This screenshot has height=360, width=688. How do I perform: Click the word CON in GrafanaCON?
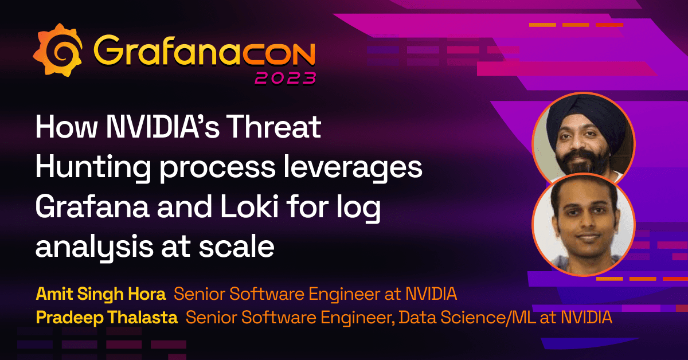point(282,51)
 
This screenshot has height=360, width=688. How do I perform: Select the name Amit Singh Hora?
point(101,295)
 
